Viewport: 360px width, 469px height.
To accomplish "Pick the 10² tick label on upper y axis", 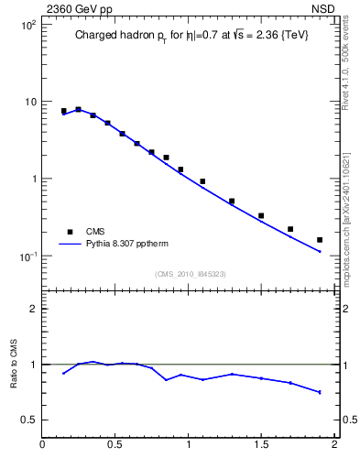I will (29, 25).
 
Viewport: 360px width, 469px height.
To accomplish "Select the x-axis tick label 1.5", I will (261, 445).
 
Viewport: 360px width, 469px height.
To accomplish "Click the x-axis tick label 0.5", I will (115, 445).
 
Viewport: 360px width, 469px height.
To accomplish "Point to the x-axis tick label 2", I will (334, 445).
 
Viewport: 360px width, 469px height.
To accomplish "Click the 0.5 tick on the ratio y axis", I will (29, 420).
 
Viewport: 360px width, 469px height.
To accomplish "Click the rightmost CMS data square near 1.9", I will (320, 240).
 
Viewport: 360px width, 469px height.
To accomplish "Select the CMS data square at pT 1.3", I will (232, 201).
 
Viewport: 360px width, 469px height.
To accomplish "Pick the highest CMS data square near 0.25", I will (78, 109).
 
